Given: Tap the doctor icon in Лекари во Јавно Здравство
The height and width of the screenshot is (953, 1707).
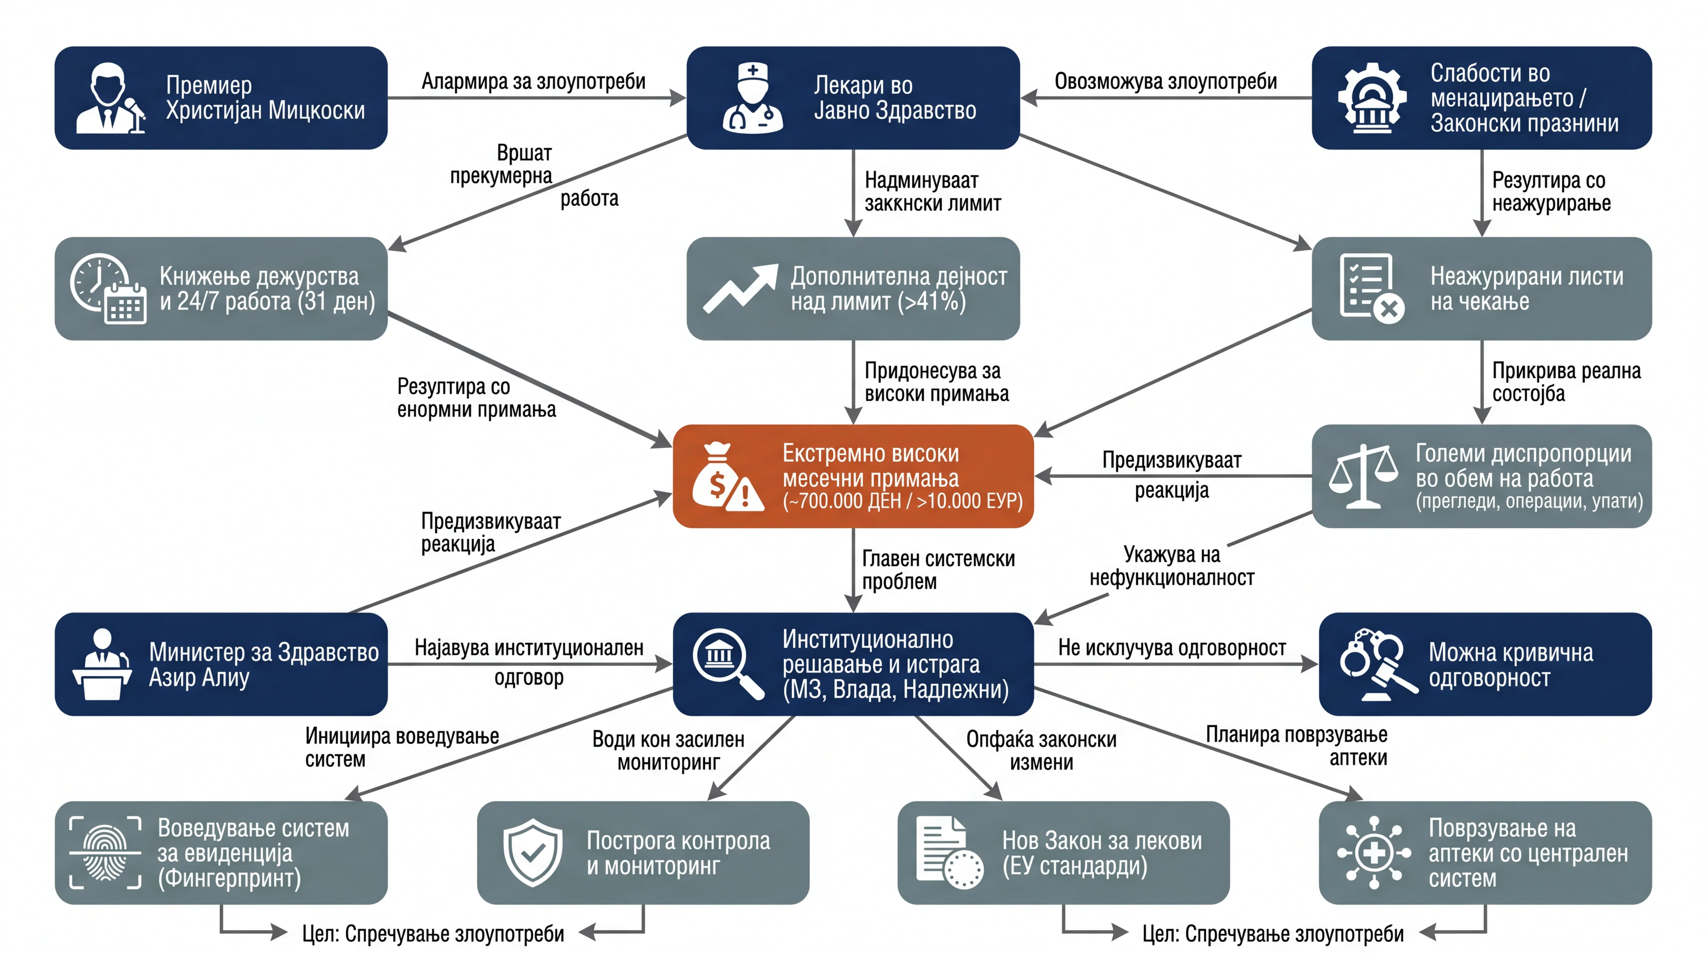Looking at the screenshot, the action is click(753, 98).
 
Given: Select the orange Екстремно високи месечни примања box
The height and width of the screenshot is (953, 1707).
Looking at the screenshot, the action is click(853, 476).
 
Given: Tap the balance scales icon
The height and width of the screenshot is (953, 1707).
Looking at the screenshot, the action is click(1363, 476).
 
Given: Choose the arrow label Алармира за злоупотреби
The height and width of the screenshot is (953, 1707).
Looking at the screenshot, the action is click(533, 81).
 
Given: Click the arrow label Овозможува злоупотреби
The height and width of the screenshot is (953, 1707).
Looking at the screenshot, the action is click(1165, 81).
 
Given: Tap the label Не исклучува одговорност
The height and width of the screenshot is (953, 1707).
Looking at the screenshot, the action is click(1172, 647).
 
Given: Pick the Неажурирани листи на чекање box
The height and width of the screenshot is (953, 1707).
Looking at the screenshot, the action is click(1482, 288).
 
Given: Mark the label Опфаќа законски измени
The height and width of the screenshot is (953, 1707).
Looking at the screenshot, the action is click(1041, 750).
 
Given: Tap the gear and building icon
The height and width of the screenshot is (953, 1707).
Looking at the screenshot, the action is click(1372, 98).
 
